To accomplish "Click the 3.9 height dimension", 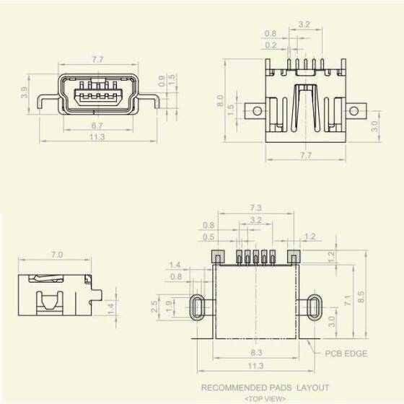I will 25,92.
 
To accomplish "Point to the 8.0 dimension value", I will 221,100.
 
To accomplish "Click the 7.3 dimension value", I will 255,208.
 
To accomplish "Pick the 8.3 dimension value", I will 255,353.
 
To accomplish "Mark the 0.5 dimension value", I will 208,237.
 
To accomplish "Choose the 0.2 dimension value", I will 271,45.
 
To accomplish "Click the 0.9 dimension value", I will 161,77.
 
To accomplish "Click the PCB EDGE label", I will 346,353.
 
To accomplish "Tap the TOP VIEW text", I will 265,398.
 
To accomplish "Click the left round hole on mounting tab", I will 255,111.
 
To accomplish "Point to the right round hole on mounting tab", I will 354,111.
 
